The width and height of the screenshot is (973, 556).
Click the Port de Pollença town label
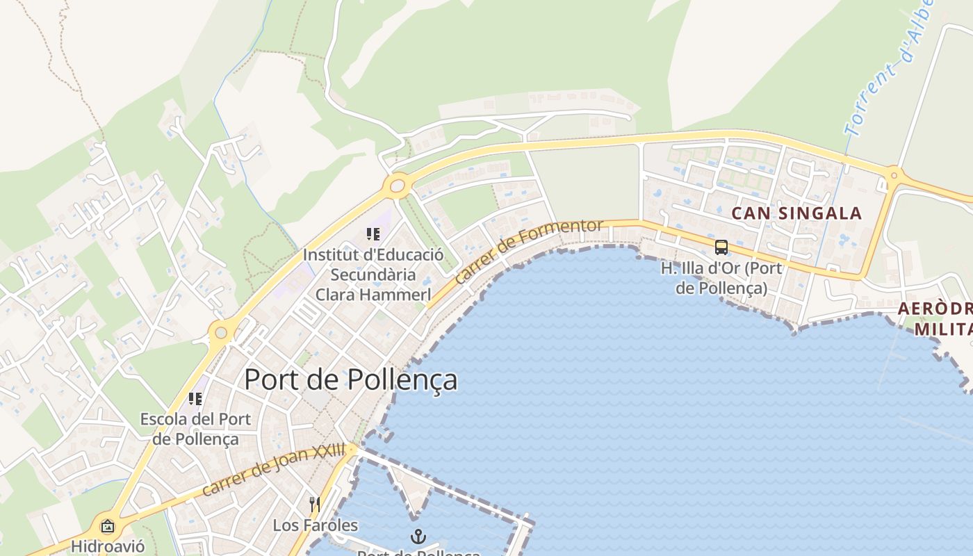(351, 379)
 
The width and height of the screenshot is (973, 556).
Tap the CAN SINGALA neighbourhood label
(796, 213)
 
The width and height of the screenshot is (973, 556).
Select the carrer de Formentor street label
(529, 251)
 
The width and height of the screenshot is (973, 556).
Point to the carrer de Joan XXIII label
(273, 471)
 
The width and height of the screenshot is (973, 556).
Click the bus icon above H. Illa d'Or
(721, 247)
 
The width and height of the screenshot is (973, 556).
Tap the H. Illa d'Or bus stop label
(721, 278)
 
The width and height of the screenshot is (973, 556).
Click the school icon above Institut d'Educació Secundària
(373, 234)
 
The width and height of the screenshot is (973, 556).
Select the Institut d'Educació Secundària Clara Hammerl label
(373, 275)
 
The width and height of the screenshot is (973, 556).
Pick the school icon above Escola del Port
(195, 399)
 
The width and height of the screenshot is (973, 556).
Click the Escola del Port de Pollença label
(195, 429)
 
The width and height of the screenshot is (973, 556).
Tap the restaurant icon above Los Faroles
(315, 504)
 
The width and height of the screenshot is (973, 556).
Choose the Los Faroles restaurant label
(315, 525)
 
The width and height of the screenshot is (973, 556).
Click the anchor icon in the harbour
(418, 536)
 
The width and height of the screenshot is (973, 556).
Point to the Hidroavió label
(108, 546)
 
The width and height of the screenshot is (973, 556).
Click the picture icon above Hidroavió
(108, 526)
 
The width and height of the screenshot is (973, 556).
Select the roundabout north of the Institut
(397, 186)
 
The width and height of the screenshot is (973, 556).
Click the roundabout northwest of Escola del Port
(221, 333)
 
